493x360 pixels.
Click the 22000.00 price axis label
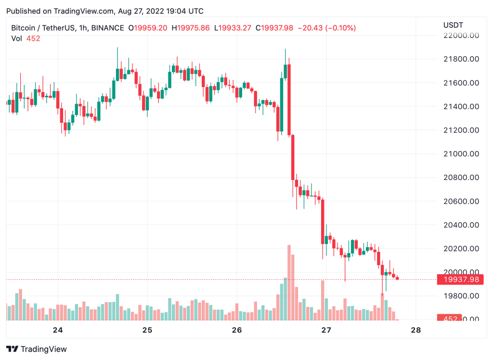461,36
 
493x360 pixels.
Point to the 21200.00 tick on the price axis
461,130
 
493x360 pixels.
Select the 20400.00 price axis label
461,225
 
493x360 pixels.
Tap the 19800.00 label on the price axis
461,296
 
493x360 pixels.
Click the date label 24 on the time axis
58,330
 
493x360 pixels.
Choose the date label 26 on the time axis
237,330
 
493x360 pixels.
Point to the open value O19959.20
148,28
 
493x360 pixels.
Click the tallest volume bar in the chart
289,283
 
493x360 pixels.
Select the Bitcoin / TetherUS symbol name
43,28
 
